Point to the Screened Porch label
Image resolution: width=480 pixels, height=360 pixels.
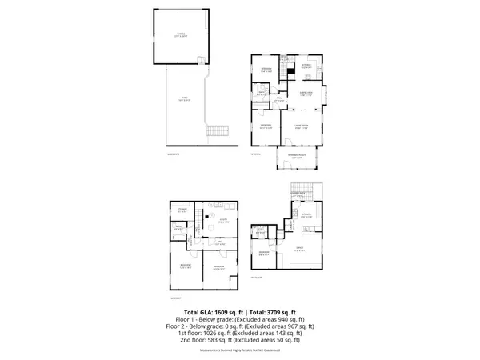pos(296,157)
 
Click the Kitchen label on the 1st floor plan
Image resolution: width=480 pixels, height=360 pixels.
pos(306,66)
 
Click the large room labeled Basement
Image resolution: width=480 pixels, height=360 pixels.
pos(185,265)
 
